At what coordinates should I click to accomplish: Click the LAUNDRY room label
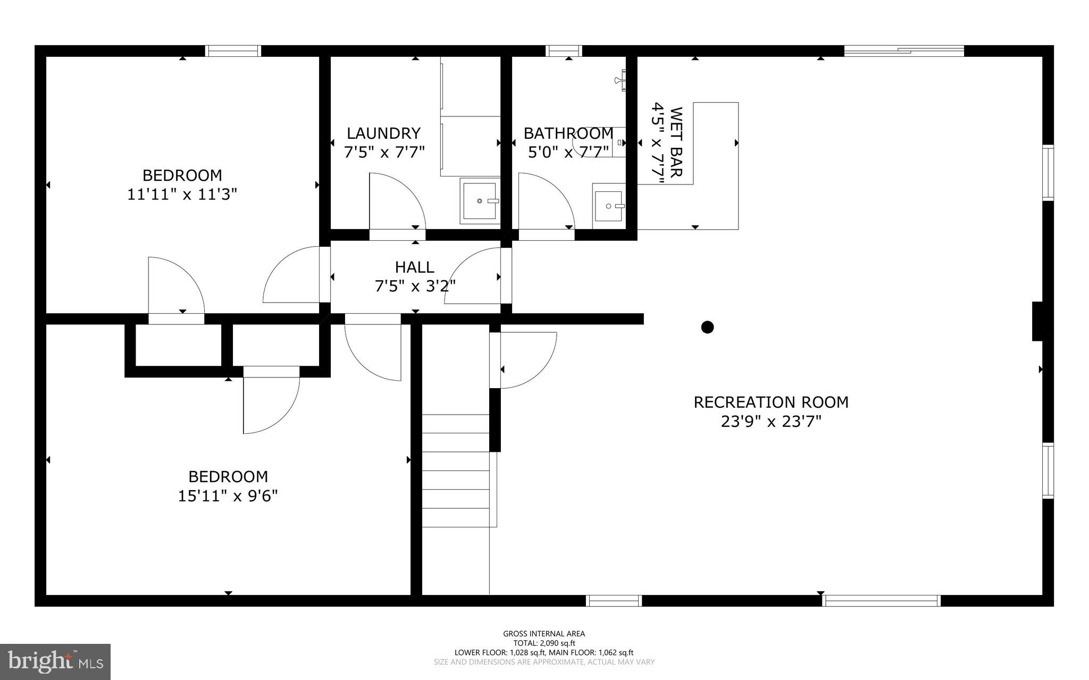pos(383,133)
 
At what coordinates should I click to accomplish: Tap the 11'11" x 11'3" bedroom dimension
pos(182,195)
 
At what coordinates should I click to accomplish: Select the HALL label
pos(414,267)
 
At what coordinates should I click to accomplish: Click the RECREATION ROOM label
pos(770,402)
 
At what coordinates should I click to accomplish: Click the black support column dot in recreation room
pos(707,327)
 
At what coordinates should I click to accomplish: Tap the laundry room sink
pos(480,201)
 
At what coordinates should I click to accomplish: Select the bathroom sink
pos(609,206)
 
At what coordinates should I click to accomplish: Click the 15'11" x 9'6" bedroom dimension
pos(228,496)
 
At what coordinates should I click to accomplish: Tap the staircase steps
pos(456,471)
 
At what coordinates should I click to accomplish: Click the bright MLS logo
pos(55,661)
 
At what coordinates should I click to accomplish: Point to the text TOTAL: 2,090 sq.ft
pos(544,643)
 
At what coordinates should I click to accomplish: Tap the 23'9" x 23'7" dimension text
pos(770,422)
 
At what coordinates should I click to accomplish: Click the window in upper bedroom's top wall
pos(233,51)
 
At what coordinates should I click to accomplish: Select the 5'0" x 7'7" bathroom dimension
pos(568,153)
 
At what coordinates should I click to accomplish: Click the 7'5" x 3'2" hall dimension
pos(415,287)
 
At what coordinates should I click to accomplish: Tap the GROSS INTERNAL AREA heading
pos(544,633)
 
